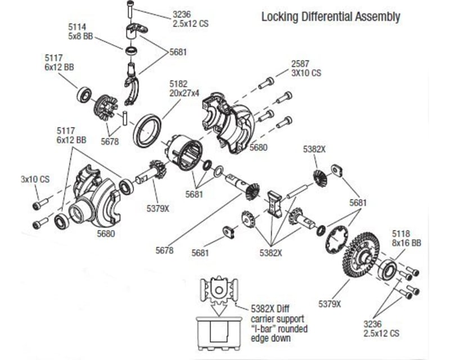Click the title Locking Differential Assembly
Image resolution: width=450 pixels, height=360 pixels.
[331, 17]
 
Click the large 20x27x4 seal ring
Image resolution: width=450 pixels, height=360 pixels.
[147, 129]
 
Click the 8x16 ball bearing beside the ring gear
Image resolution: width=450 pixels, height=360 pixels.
[388, 269]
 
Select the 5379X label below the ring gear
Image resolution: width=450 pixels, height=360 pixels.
[330, 304]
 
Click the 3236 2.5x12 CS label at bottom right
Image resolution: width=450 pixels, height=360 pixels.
[382, 328]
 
